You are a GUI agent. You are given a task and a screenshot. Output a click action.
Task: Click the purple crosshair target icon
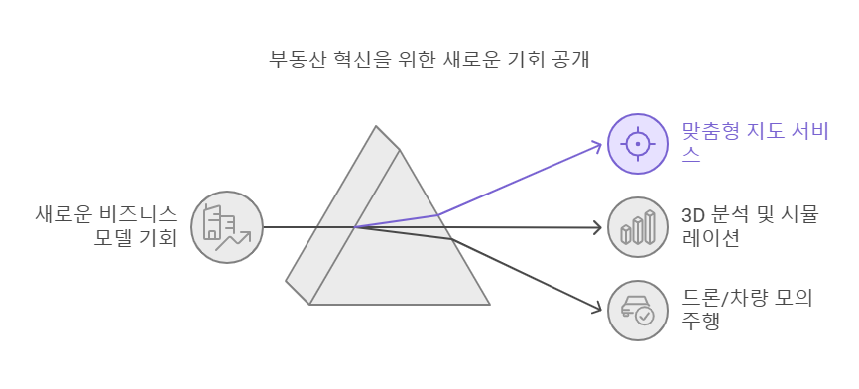638,144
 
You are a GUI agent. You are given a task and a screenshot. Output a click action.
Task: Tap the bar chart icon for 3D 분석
638,227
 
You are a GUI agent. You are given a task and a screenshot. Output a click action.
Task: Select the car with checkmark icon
638,311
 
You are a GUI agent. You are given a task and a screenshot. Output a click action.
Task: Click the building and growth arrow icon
227,227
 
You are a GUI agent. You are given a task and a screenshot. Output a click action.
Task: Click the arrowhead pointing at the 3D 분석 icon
598,228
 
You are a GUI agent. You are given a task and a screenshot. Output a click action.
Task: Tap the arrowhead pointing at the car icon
597,307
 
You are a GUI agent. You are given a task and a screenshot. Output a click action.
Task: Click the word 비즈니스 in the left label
143,213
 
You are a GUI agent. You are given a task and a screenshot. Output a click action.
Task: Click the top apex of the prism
376,127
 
